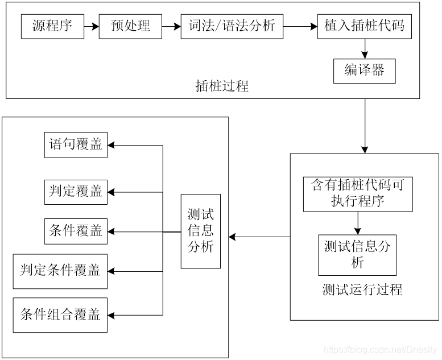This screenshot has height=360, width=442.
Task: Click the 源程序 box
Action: click(x=52, y=27)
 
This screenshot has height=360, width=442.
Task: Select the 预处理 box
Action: click(x=130, y=27)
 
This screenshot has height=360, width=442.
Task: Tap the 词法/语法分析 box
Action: click(x=232, y=27)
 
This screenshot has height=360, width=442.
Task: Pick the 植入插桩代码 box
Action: click(x=365, y=27)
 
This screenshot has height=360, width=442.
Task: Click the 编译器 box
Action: click(x=365, y=71)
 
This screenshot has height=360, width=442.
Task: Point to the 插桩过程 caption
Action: click(x=222, y=86)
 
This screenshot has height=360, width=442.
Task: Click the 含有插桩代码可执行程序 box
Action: click(x=358, y=195)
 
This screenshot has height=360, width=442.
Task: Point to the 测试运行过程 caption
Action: click(x=362, y=289)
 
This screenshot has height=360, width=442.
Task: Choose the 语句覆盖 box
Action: click(x=76, y=145)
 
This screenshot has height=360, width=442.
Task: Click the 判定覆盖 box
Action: click(x=76, y=192)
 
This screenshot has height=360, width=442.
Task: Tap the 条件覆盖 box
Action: click(x=76, y=231)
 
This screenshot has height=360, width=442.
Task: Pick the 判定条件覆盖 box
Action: click(x=60, y=271)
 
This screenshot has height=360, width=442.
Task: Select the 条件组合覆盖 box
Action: click(x=60, y=315)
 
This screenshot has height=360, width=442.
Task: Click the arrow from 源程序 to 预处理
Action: click(x=92, y=27)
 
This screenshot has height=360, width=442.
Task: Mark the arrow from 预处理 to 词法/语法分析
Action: click(x=171, y=27)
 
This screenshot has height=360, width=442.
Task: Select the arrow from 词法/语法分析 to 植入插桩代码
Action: click(x=300, y=27)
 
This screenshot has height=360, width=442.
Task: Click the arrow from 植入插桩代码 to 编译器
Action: click(x=365, y=49)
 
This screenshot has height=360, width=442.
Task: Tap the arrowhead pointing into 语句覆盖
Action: click(x=111, y=145)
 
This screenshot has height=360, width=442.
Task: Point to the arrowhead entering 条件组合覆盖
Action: click(x=111, y=315)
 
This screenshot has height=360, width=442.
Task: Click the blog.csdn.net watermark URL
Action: click(x=380, y=350)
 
